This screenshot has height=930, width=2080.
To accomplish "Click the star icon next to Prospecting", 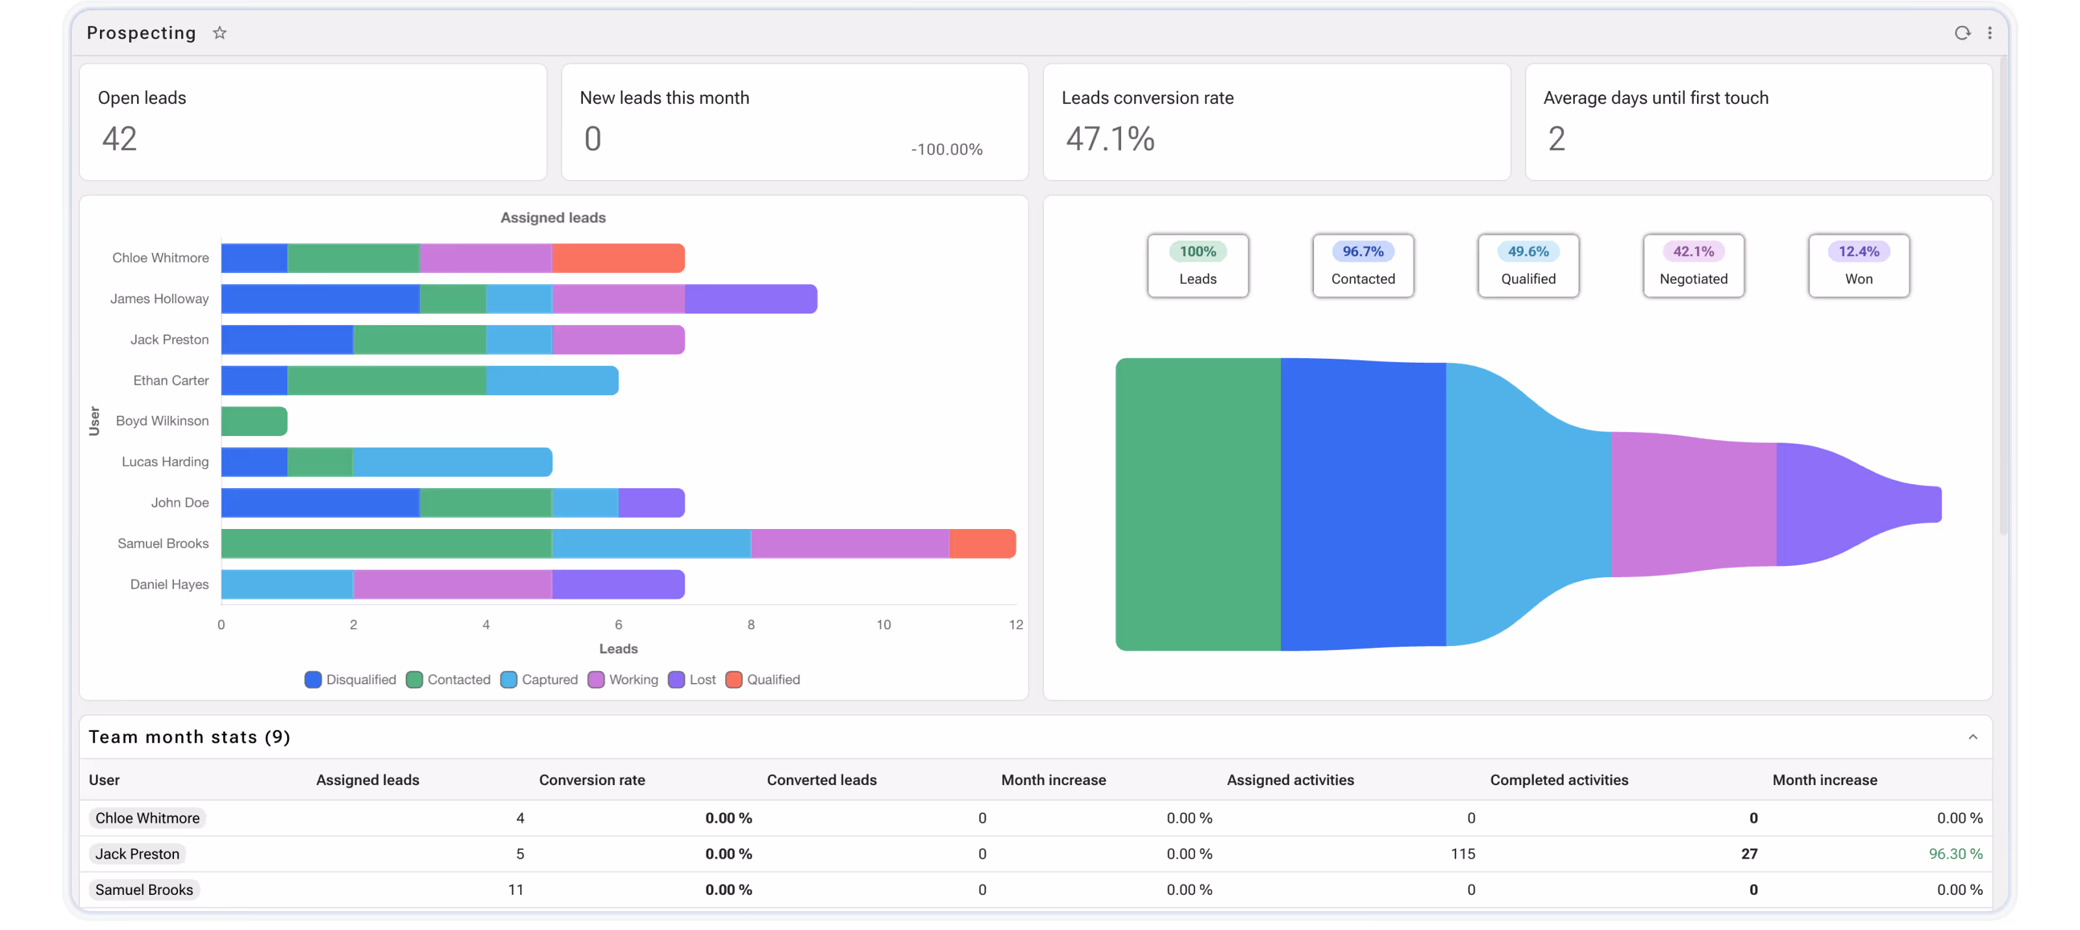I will coord(219,33).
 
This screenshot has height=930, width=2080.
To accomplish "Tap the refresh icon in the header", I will coord(1962,33).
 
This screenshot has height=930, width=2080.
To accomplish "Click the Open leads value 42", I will coord(119,139).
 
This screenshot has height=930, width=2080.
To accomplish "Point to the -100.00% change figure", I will coord(947,149).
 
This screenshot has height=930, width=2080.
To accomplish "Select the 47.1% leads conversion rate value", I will coord(1110,139).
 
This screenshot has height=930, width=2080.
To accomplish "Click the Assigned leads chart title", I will coord(553,217).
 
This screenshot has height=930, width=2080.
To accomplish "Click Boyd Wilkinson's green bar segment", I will coord(254,421).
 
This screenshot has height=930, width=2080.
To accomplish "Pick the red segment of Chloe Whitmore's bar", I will coord(619,258).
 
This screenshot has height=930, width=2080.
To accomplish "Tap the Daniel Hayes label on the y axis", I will coord(169,584).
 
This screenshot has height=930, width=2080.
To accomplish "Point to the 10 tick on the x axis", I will coord(884,625).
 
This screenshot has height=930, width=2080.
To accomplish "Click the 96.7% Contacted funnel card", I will coord(1363,266).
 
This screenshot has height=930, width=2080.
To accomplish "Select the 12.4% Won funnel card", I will coord(1859,266).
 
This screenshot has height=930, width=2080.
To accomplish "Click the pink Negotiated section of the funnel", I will coord(1693,504).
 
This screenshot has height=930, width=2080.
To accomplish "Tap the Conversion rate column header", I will coord(592,780).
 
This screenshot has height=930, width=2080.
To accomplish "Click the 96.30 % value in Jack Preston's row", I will coord(1955,853).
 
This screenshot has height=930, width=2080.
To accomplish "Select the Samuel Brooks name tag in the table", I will coord(145,890).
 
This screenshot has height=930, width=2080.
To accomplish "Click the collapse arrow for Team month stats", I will coord(1973,737).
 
